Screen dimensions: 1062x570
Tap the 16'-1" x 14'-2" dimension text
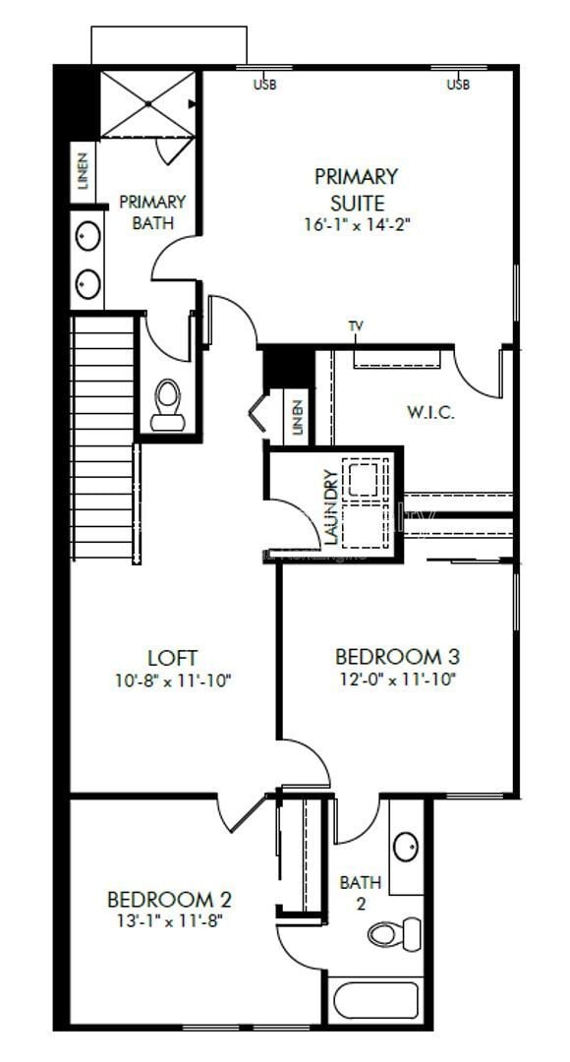tap(356, 224)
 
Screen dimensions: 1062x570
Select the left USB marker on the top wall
tap(265, 85)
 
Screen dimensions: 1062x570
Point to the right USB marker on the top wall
tap(458, 85)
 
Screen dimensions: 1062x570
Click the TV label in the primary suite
tap(356, 325)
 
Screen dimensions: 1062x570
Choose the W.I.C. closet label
tap(430, 412)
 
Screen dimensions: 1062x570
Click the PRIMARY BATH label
tap(152, 212)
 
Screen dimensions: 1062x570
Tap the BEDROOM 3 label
tap(397, 657)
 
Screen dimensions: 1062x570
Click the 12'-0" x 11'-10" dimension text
tap(397, 679)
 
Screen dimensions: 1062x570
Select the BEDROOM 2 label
tap(169, 899)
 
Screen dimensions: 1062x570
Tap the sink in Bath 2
tap(405, 845)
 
